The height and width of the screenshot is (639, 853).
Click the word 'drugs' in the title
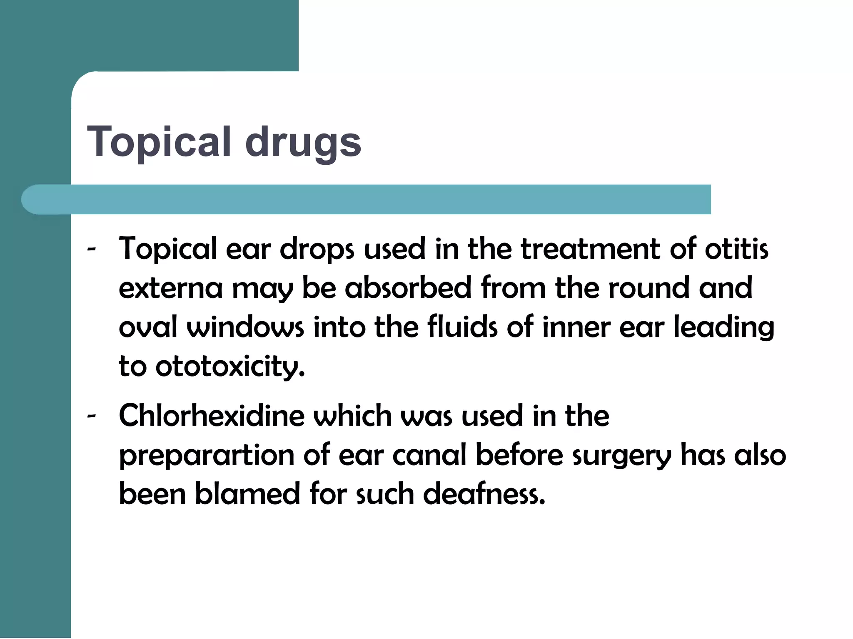coord(303,142)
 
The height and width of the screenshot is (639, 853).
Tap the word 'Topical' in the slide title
coord(159,142)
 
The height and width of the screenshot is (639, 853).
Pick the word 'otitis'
coord(736,249)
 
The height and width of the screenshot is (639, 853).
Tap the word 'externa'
coord(170,288)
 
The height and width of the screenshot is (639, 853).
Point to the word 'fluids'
coord(462,327)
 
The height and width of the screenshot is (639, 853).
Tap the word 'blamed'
coord(247,494)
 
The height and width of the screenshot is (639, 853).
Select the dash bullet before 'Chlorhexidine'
coord(92,416)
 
